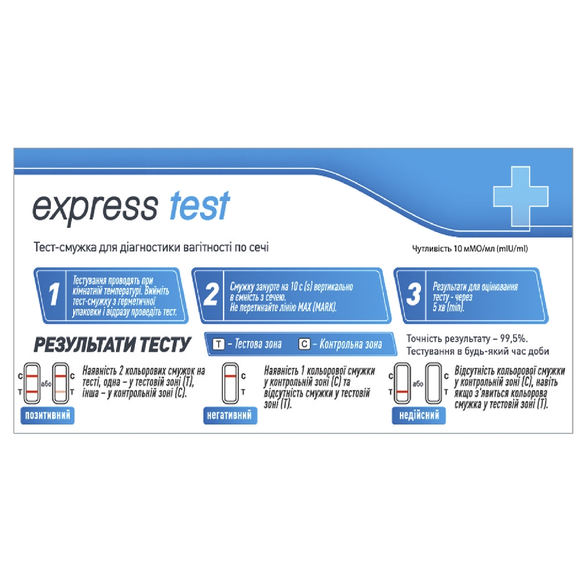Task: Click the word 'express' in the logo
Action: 95,208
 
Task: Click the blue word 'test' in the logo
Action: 199,205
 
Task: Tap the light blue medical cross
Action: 520,196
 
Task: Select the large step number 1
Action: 54,294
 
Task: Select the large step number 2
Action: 211,294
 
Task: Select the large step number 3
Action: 414,294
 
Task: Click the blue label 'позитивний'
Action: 47,416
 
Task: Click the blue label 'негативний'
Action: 230,416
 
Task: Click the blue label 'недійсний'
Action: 419,416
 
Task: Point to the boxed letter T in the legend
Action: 219,344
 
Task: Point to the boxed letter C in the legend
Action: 304,344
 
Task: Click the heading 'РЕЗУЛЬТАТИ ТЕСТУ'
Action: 113,344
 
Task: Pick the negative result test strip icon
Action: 230,383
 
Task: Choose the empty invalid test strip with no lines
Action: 434,383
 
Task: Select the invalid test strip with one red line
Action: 402,383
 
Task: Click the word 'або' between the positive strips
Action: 46,384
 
